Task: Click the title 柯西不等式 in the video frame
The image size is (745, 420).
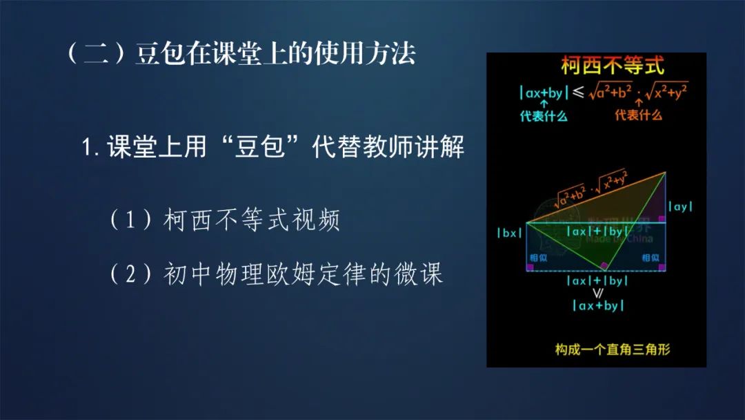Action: pos(612,67)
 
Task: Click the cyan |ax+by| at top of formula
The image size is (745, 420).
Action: pos(544,93)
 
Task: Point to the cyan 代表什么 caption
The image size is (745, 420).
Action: pos(544,116)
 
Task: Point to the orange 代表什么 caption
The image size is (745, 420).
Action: pos(638,115)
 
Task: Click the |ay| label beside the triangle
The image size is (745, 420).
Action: pos(680,206)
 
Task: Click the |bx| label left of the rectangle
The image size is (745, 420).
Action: pos(510,233)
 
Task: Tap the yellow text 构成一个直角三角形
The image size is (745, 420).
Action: pos(613,349)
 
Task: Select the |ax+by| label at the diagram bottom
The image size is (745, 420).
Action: pos(597,305)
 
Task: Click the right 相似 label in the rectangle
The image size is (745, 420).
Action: pos(650,258)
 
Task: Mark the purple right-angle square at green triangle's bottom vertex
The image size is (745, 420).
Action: pos(604,266)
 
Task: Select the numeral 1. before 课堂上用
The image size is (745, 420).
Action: pos(92,148)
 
